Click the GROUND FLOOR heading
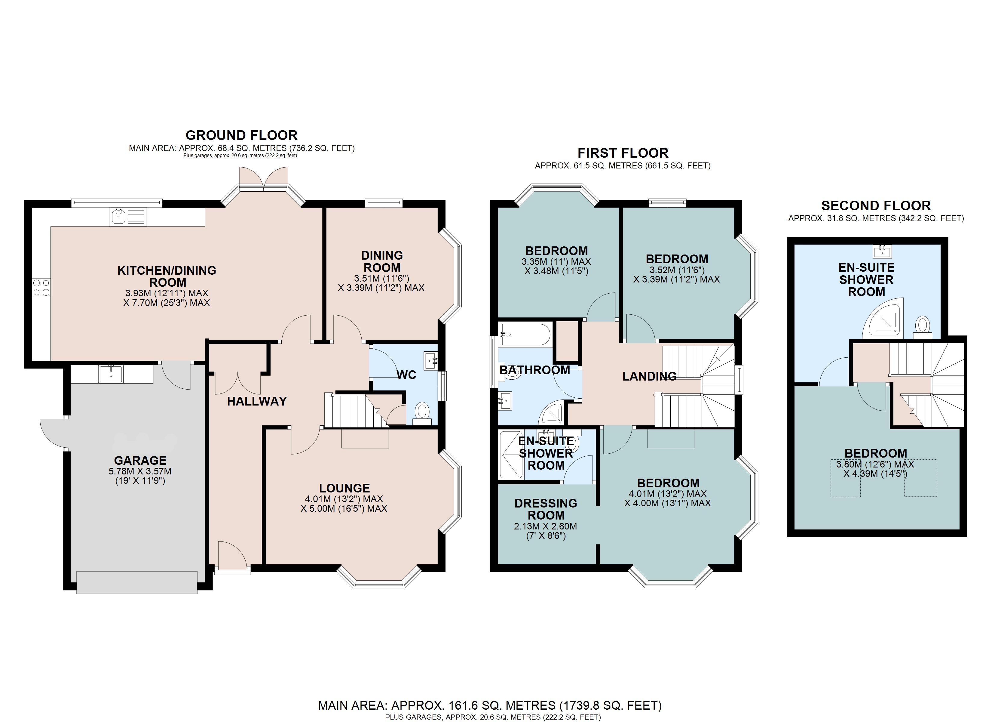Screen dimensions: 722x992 point(241,135)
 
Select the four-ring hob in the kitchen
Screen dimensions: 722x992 point(41,288)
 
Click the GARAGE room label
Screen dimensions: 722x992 point(140,460)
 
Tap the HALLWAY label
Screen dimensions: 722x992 point(257,401)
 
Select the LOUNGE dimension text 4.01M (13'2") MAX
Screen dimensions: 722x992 point(344,499)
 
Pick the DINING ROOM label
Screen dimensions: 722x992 point(382,261)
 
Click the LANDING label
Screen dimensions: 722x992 point(649,376)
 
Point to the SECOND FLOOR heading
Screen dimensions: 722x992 point(876,205)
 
